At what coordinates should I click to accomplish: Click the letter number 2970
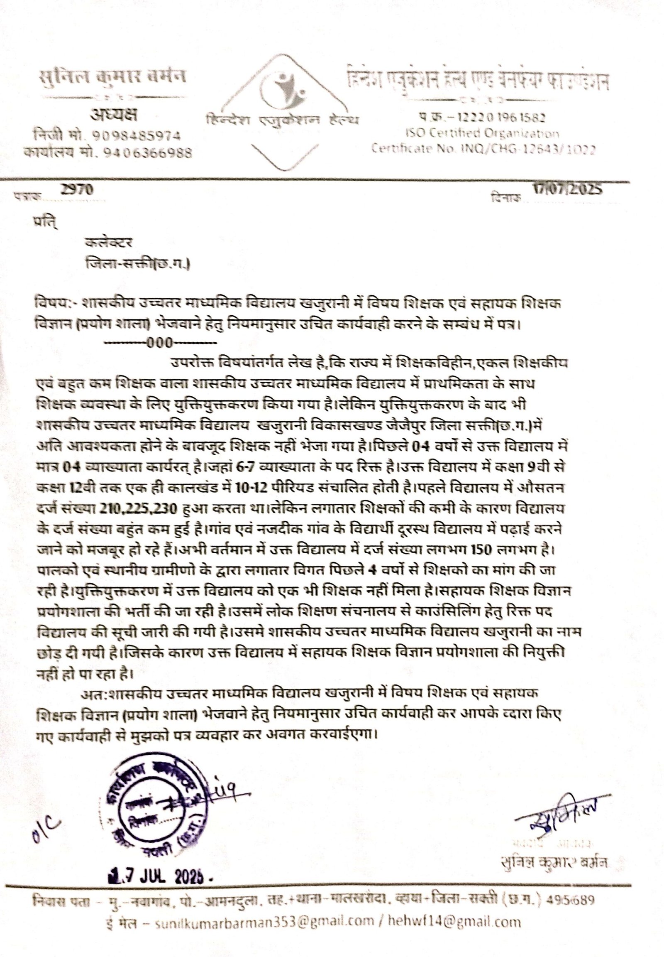point(77,190)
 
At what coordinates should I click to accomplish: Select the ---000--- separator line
point(160,343)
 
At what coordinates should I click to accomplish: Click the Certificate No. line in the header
point(483,149)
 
